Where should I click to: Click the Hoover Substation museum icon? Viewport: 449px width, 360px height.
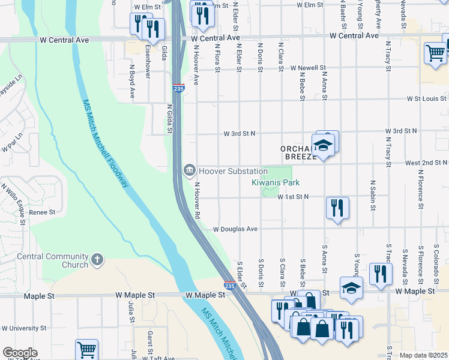pyautogui.click(x=190, y=171)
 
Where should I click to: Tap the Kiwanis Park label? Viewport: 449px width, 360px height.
pyautogui.click(x=275, y=182)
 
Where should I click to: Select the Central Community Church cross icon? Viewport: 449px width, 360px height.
pyautogui.click(x=97, y=260)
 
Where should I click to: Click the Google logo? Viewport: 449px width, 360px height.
pyautogui.click(x=20, y=353)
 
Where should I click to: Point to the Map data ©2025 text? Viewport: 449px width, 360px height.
pyautogui.click(x=423, y=355)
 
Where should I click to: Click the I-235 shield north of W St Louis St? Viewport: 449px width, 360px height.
pyautogui.click(x=178, y=88)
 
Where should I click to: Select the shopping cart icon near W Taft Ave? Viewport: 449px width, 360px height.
pyautogui.click(x=87, y=349)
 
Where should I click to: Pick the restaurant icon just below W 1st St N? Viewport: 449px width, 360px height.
pyautogui.click(x=337, y=208)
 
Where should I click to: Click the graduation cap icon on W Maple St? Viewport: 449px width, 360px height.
pyautogui.click(x=351, y=288)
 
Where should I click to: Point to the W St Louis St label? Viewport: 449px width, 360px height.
pyautogui.click(x=427, y=98)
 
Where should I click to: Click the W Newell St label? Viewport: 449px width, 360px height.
pyautogui.click(x=308, y=68)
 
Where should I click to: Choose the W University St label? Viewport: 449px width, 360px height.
pyautogui.click(x=24, y=328)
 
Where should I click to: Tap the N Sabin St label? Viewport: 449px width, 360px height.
pyautogui.click(x=373, y=195)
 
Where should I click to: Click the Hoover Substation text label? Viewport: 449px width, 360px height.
pyautogui.click(x=234, y=171)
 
